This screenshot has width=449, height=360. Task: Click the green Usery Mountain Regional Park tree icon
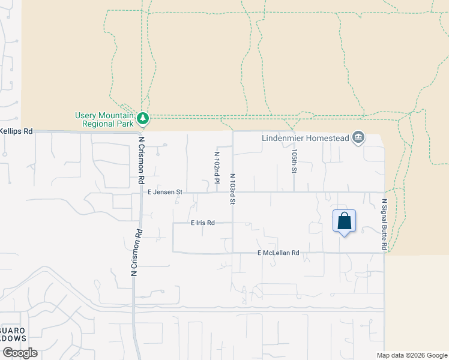[142, 117]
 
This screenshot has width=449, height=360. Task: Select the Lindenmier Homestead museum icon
[358, 137]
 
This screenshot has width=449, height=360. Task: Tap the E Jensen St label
[164, 192]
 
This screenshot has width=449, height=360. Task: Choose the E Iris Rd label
[203, 223]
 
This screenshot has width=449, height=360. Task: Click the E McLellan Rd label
[278, 253]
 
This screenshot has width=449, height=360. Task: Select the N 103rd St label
[232, 188]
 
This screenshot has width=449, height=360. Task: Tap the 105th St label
[294, 161]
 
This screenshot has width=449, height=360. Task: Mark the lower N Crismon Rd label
[135, 253]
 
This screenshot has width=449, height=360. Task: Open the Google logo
[19, 353]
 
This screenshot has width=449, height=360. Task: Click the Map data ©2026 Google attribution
[412, 355]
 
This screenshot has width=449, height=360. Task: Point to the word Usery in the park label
[85, 116]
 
